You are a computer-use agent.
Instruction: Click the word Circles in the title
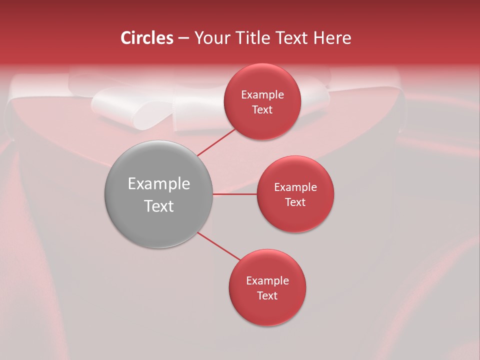tap(147, 38)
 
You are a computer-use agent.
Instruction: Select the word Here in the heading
tap(332, 38)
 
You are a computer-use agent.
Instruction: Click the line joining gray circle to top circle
tap(216, 142)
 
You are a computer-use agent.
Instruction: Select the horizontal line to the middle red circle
tap(234, 194)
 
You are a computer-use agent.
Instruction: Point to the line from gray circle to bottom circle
tap(219, 246)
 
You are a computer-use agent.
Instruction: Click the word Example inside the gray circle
tap(159, 184)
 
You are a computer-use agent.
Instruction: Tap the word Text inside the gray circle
tap(159, 206)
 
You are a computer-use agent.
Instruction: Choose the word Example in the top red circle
tap(262, 95)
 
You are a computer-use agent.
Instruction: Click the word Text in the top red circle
tap(262, 110)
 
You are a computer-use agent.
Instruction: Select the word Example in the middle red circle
tap(295, 187)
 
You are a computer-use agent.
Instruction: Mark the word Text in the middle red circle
tap(295, 202)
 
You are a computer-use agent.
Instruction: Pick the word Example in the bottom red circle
tap(267, 281)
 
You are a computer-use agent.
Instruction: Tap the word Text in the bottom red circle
tap(267, 296)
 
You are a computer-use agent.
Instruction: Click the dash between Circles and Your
tap(183, 38)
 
